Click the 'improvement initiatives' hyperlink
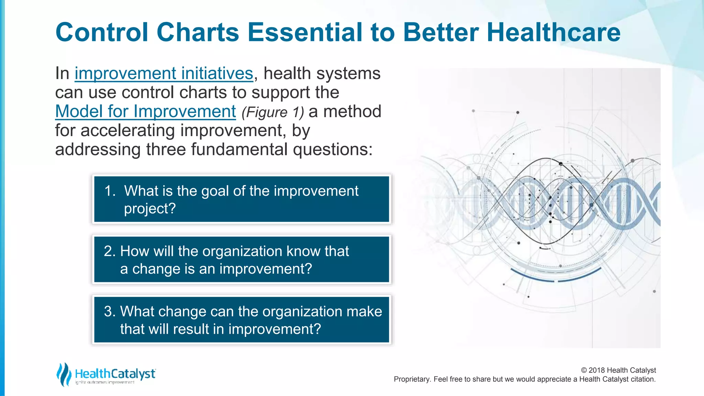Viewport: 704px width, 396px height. (x=164, y=74)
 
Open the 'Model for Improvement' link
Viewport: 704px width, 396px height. (x=145, y=111)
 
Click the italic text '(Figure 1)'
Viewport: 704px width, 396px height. (x=273, y=112)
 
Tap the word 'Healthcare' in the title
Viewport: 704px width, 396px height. (x=553, y=33)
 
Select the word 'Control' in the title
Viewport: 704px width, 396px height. (x=102, y=33)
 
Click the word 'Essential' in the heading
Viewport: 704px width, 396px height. (x=305, y=33)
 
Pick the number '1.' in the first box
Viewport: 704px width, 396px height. (x=110, y=191)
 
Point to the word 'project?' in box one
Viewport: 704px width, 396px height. (x=150, y=209)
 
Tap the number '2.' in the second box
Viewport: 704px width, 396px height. (x=110, y=251)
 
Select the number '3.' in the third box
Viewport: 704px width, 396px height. (x=110, y=311)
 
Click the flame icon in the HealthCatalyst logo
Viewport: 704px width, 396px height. (x=64, y=374)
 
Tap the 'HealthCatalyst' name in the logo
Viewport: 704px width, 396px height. (x=115, y=374)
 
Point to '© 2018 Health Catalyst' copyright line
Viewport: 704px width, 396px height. (x=618, y=370)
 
